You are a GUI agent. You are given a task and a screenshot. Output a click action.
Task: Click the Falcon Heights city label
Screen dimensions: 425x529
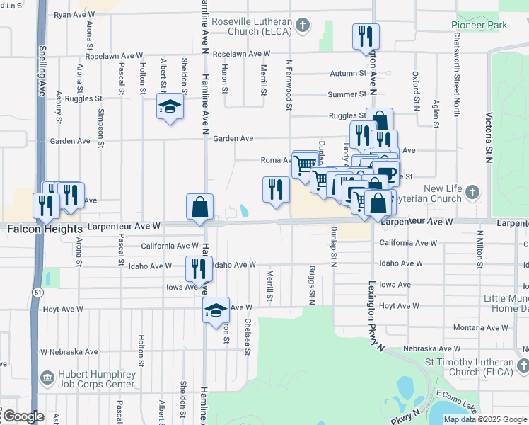click(38, 229)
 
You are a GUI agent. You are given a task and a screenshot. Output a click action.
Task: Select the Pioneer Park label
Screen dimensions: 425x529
click(479, 25)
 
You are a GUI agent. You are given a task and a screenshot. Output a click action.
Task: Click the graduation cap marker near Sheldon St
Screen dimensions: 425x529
click(169, 107)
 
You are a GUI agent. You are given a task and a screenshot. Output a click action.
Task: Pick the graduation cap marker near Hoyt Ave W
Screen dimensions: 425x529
click(216, 310)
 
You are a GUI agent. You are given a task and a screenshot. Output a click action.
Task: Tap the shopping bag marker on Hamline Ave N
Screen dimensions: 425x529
click(200, 208)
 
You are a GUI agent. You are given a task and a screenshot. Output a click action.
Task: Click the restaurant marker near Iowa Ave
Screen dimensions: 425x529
click(199, 268)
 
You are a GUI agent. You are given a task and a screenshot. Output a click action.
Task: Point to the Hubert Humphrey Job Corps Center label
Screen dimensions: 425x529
click(91, 380)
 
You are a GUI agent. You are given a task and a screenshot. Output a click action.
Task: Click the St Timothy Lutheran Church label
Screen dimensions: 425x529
click(469, 366)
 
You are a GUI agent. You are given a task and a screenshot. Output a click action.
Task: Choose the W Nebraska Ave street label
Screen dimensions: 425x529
click(69, 352)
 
